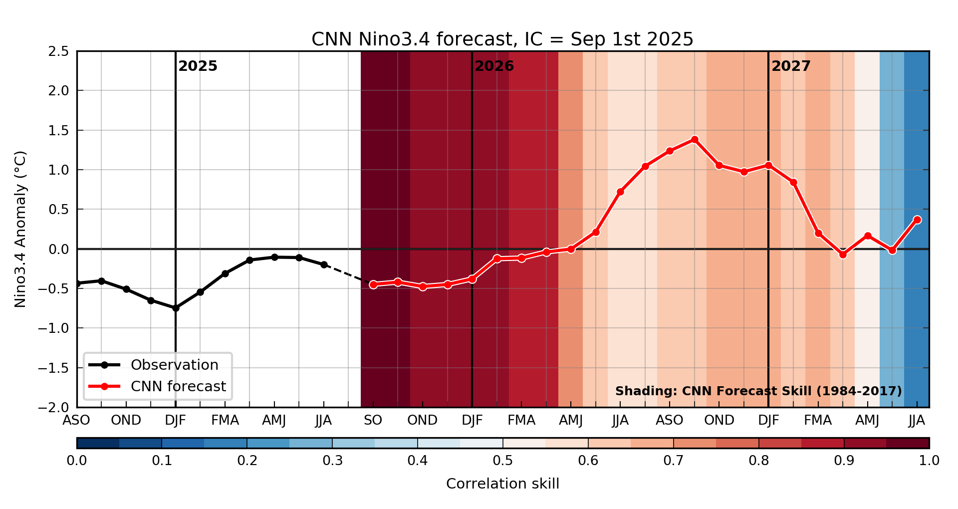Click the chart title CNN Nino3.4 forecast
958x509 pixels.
coord(502,39)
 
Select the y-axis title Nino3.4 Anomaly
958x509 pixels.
coord(20,229)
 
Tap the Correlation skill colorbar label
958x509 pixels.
coord(502,484)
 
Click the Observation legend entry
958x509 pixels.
coord(174,365)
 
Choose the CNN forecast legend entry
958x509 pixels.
coord(178,386)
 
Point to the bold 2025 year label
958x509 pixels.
coord(198,66)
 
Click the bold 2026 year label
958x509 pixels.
coord(494,66)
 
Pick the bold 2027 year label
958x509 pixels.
coord(791,66)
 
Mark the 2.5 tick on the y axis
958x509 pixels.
coord(59,51)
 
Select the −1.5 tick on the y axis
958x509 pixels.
coord(55,368)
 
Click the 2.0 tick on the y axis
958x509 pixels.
coord(59,91)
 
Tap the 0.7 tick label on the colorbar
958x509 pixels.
coord(673,461)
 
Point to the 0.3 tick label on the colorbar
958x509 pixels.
coord(332,461)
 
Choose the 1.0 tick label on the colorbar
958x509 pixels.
coord(929,461)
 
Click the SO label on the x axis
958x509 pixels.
coord(373,421)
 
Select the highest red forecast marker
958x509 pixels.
coord(695,140)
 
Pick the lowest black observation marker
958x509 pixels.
coord(176,308)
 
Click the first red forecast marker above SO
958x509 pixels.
coord(373,284)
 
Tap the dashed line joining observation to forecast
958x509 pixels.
coord(348,274)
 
